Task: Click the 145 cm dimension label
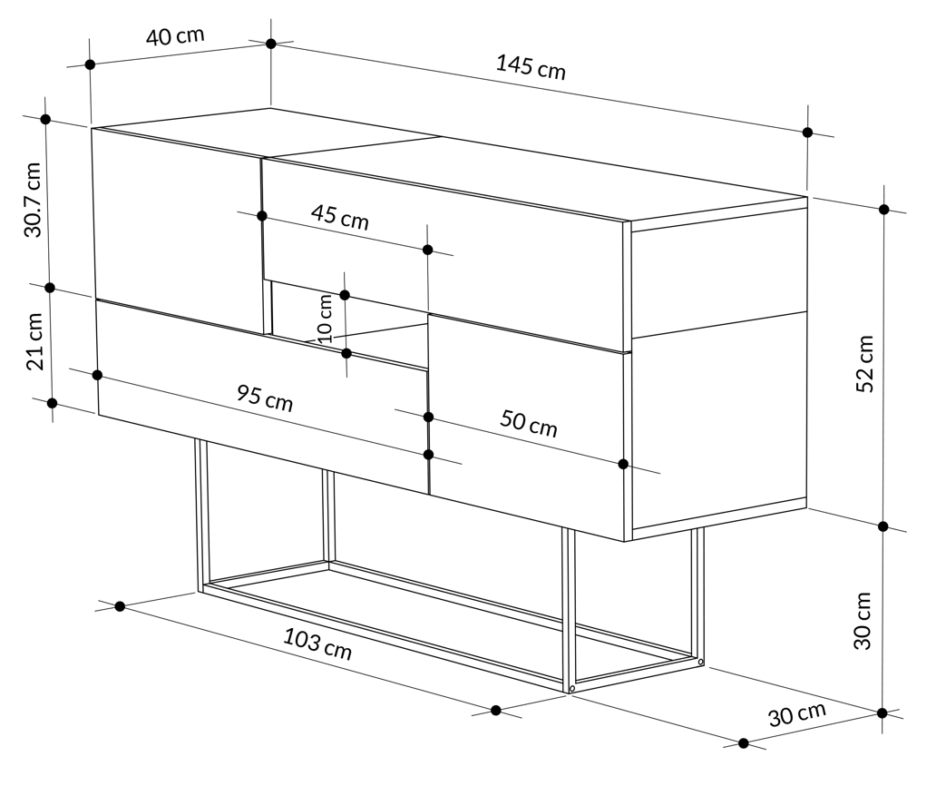click(x=531, y=66)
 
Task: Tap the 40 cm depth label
click(x=175, y=35)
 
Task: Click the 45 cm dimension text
click(x=339, y=217)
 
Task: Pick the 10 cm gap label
click(x=325, y=319)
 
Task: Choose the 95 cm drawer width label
click(x=264, y=398)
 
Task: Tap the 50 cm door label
click(x=529, y=423)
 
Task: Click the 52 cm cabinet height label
click(x=865, y=363)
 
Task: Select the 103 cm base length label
click(x=317, y=644)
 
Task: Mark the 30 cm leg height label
click(x=863, y=621)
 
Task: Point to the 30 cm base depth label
click(x=797, y=714)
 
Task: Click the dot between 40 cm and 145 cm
click(x=271, y=44)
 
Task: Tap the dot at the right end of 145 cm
click(x=808, y=133)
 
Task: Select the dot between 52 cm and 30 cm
click(x=883, y=526)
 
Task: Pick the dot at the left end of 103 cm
click(x=120, y=606)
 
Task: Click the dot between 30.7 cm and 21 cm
click(x=50, y=288)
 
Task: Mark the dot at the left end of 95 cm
click(x=97, y=375)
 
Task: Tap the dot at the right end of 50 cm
click(x=623, y=464)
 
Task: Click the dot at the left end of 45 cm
click(x=262, y=215)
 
